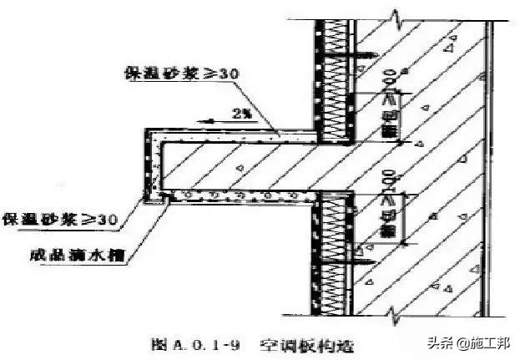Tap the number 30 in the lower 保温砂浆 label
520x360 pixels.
tap(106, 220)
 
